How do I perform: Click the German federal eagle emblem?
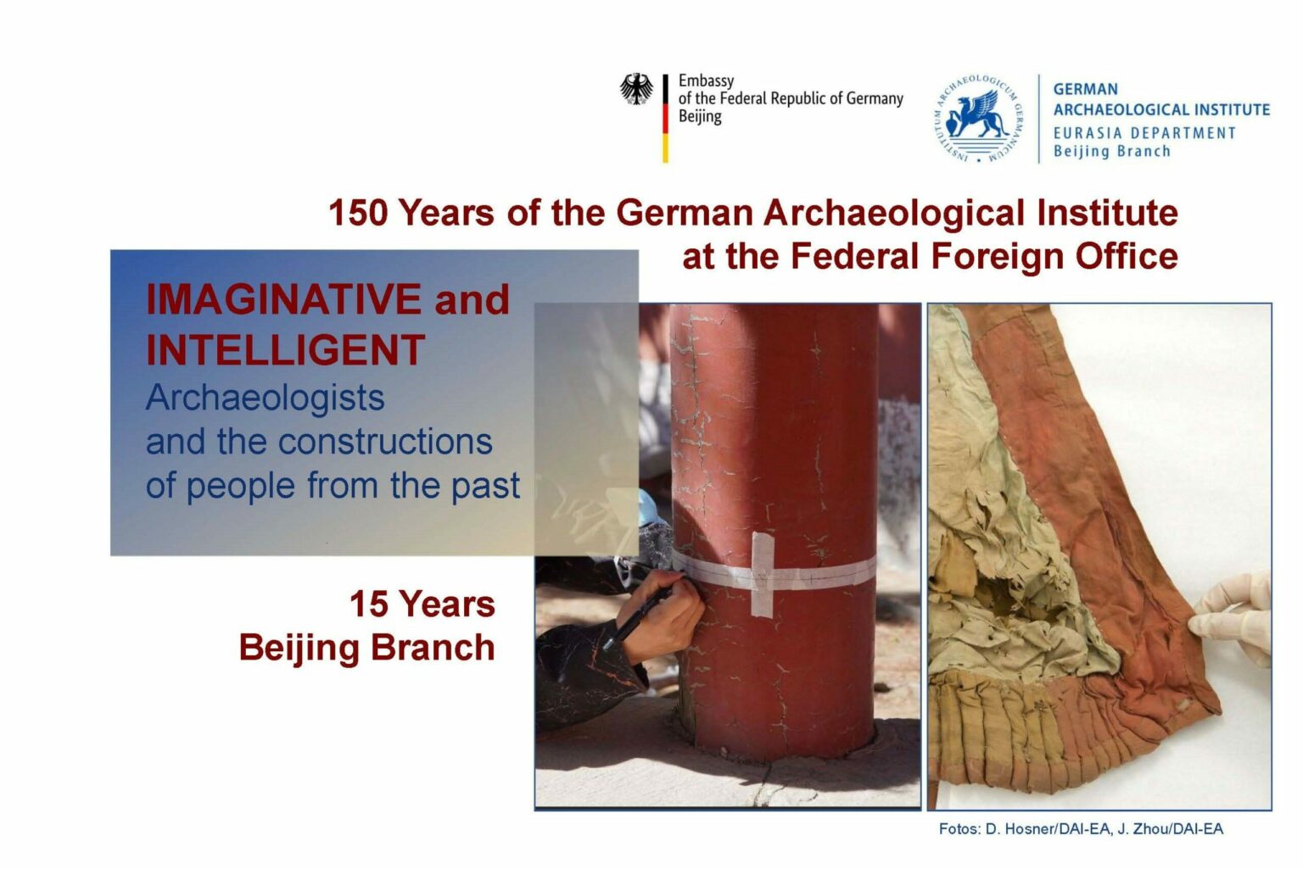(635, 89)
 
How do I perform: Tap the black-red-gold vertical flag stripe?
(665, 119)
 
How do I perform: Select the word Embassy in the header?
(706, 81)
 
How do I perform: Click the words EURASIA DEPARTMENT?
(1144, 133)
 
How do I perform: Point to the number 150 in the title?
(358, 213)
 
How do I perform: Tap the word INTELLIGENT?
(286, 349)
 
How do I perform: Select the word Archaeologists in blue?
(266, 398)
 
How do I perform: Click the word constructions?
(385, 442)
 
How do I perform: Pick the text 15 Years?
(422, 604)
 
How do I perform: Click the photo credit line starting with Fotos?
(1081, 829)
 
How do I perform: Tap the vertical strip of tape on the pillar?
(762, 574)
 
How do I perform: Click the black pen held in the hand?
(637, 619)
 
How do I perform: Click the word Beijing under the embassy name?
(700, 117)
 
